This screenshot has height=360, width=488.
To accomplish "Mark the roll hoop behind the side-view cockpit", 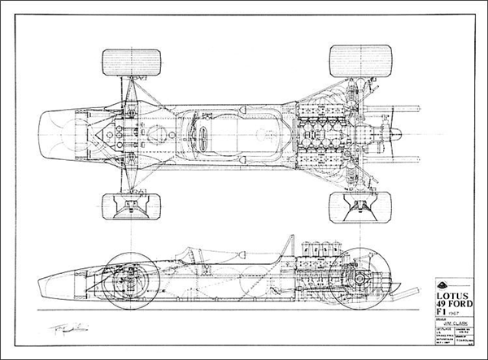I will pyautogui.click(x=287, y=245).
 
